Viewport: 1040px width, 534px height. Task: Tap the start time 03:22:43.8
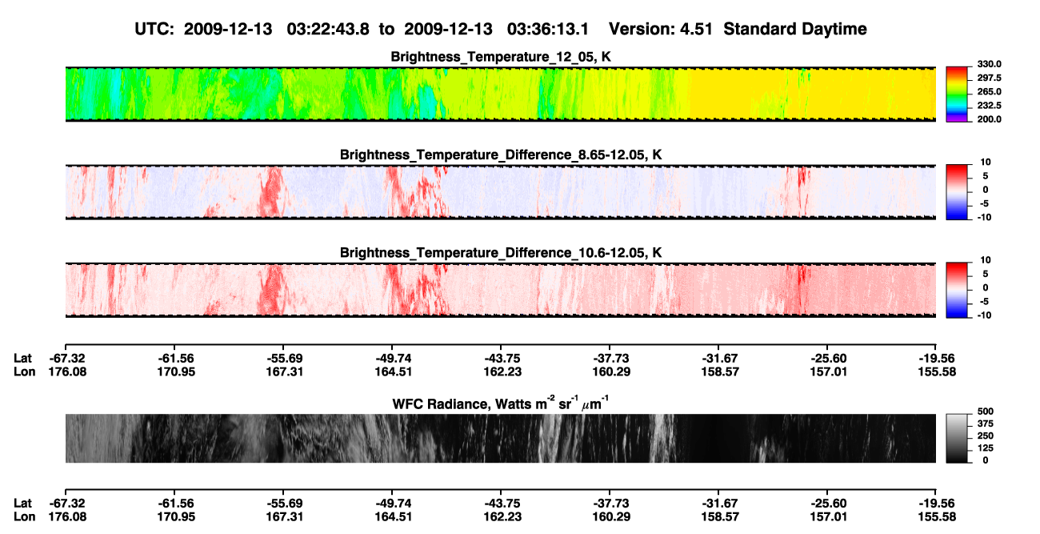pos(328,29)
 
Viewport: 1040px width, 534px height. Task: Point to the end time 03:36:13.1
pos(548,29)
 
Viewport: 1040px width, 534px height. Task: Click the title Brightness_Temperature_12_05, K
pos(501,57)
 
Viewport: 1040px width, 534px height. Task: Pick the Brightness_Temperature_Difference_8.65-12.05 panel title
pos(501,155)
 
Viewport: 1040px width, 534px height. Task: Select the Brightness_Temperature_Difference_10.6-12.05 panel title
pos(501,253)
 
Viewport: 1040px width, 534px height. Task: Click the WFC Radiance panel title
pos(501,404)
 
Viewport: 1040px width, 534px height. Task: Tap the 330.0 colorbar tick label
pos(989,64)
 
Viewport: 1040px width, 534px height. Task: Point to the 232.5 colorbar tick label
pos(989,106)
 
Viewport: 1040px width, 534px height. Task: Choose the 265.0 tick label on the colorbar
pos(989,91)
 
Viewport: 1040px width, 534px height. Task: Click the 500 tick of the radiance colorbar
pos(986,412)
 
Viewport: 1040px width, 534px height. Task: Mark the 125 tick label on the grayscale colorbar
pos(986,448)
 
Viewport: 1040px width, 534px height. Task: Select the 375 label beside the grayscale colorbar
pos(986,424)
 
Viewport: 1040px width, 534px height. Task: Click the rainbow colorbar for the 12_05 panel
pos(957,94)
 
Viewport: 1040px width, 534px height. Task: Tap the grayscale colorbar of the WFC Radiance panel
pos(957,438)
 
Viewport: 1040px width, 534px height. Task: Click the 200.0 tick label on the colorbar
pos(989,119)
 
